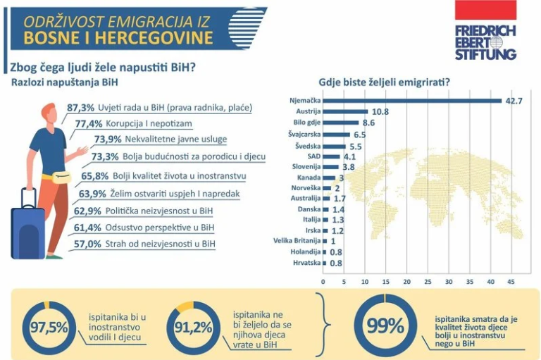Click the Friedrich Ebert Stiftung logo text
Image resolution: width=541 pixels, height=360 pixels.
[x=485, y=42]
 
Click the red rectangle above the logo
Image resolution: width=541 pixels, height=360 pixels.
[x=485, y=11]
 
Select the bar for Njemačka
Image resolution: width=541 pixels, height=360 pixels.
[x=412, y=100]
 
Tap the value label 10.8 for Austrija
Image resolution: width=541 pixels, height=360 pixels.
[x=380, y=111]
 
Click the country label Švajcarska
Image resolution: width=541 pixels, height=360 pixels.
[x=304, y=134]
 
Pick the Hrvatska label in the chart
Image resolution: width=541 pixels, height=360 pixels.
[x=306, y=263]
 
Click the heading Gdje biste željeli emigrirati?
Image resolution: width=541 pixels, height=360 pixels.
[x=385, y=81]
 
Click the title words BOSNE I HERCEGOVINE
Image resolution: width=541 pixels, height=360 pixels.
[x=118, y=37]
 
